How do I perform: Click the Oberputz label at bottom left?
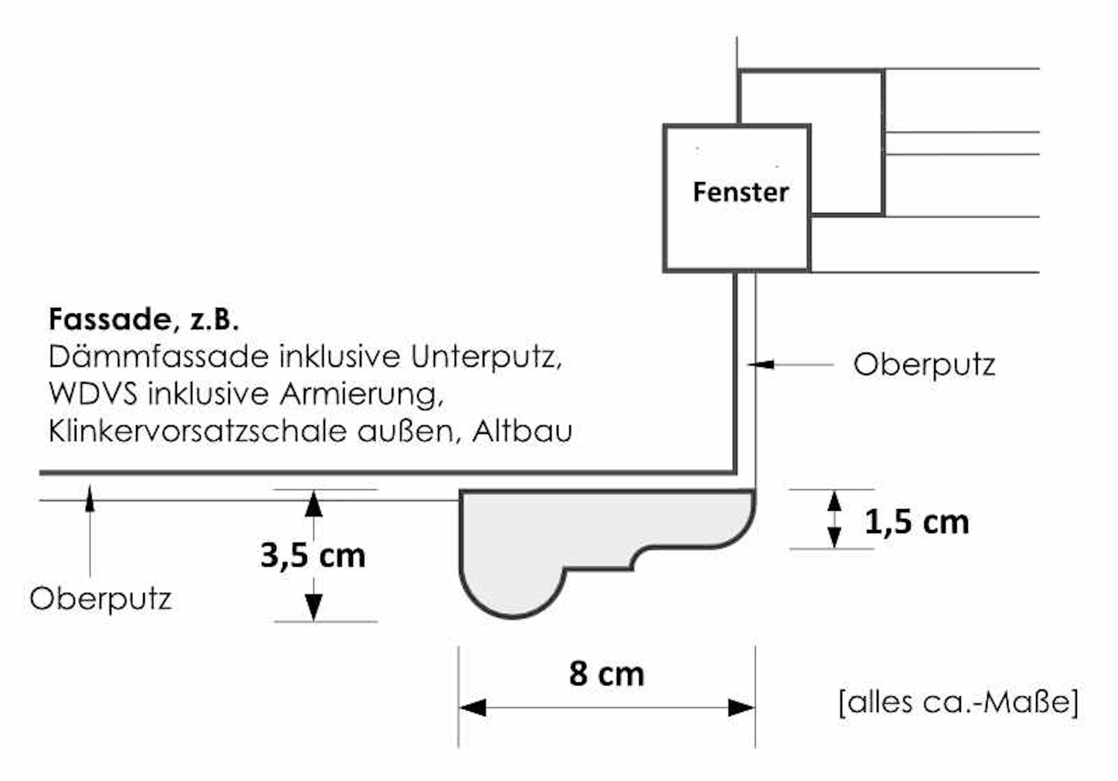pos(100,598)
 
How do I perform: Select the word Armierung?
pos(361,394)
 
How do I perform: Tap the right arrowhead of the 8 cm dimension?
pos(742,707)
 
